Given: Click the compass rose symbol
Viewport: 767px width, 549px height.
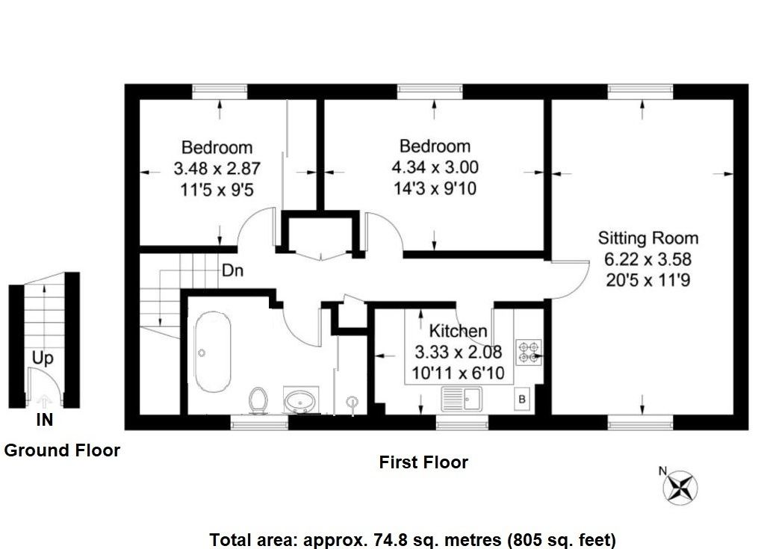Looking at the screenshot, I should pyautogui.click(x=680, y=487).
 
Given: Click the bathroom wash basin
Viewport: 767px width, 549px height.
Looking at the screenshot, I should pyautogui.click(x=301, y=400).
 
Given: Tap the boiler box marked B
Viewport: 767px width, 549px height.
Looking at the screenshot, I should pyautogui.click(x=522, y=399).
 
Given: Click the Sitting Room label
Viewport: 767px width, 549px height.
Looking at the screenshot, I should pyautogui.click(x=648, y=238).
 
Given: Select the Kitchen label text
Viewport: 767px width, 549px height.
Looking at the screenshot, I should pyautogui.click(x=458, y=331).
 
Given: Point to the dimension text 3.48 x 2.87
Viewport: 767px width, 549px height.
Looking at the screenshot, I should pyautogui.click(x=217, y=169).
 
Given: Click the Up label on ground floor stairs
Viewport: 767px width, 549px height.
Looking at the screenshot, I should pyautogui.click(x=43, y=359).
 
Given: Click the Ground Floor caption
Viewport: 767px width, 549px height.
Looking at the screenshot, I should pyautogui.click(x=62, y=450).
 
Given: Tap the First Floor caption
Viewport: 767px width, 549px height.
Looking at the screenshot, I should pyautogui.click(x=423, y=462).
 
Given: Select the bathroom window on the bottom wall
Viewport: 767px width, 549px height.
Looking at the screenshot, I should pyautogui.click(x=259, y=424).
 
